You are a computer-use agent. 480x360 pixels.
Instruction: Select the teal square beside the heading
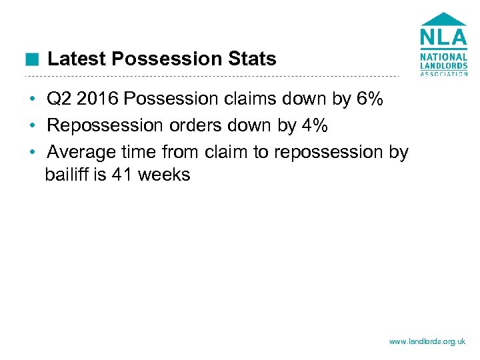[31, 60]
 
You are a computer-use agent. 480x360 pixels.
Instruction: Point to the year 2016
[98, 100]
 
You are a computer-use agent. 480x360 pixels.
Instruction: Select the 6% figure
[370, 100]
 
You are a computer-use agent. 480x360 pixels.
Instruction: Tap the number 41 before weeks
[131, 175]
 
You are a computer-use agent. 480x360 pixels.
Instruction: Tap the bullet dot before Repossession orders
[31, 126]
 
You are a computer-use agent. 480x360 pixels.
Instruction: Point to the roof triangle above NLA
[443, 19]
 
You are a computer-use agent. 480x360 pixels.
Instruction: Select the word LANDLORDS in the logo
[443, 65]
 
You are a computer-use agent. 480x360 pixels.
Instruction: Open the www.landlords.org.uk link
[427, 341]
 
